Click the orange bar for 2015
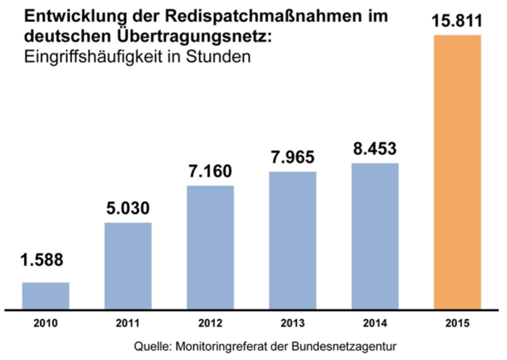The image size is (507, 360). tap(457, 172)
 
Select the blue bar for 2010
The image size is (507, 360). tap(46, 295)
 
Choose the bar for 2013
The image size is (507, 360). tap(293, 240)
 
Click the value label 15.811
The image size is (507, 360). tap(457, 22)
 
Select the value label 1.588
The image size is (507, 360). tap(42, 260)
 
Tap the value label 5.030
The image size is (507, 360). tap(128, 207)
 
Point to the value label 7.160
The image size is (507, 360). tap(210, 172)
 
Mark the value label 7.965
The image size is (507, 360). tap(293, 157)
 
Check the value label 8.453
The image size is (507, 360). tap(375, 149)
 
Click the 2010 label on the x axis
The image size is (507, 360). tap(46, 324)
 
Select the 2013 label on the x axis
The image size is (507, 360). tap(293, 324)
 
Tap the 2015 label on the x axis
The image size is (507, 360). tap(457, 324)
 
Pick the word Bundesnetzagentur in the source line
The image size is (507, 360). tap(350, 346)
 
